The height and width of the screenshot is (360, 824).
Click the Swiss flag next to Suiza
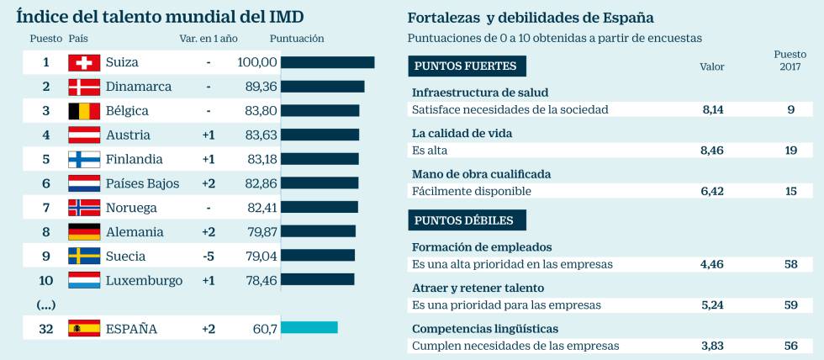(x=84, y=62)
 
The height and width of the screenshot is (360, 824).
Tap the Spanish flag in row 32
(x=84, y=329)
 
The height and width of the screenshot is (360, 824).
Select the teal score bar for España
(x=309, y=327)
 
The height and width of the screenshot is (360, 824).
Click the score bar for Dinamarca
(x=322, y=87)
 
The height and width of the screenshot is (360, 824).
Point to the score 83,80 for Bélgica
(x=261, y=111)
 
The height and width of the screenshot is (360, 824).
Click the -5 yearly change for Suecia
(x=209, y=257)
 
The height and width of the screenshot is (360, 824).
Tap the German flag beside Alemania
(x=84, y=232)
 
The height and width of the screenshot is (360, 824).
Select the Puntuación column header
(x=297, y=39)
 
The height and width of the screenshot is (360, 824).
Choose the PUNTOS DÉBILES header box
(x=467, y=220)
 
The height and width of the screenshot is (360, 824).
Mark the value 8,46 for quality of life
(x=712, y=150)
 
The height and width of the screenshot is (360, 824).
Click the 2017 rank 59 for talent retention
(x=790, y=304)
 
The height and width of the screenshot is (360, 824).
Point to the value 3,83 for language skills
(x=712, y=345)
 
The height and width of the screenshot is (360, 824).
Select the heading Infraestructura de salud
(x=480, y=93)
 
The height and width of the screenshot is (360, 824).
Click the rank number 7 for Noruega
(x=46, y=208)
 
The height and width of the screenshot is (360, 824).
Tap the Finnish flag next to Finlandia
(x=84, y=159)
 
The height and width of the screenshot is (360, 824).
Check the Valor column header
(x=712, y=66)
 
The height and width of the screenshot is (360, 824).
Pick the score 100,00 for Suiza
(x=257, y=62)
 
